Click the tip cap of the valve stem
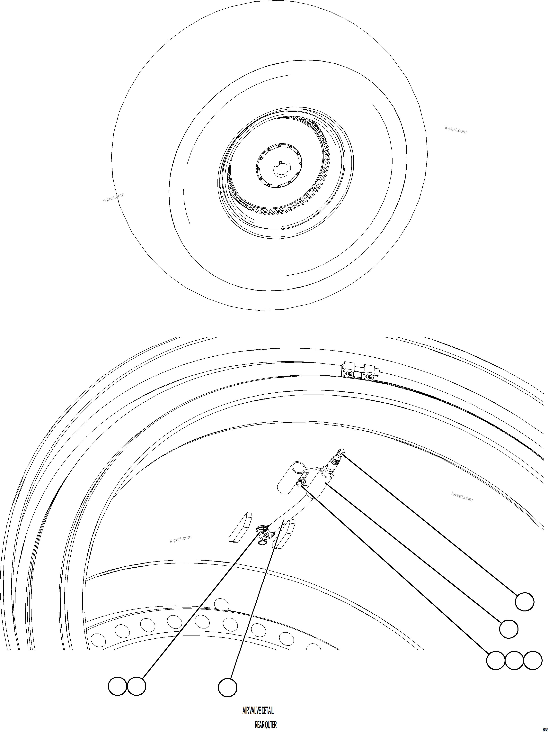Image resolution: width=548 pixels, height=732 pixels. [x=342, y=451]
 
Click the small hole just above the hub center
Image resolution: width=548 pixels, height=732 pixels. [x=280, y=162]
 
